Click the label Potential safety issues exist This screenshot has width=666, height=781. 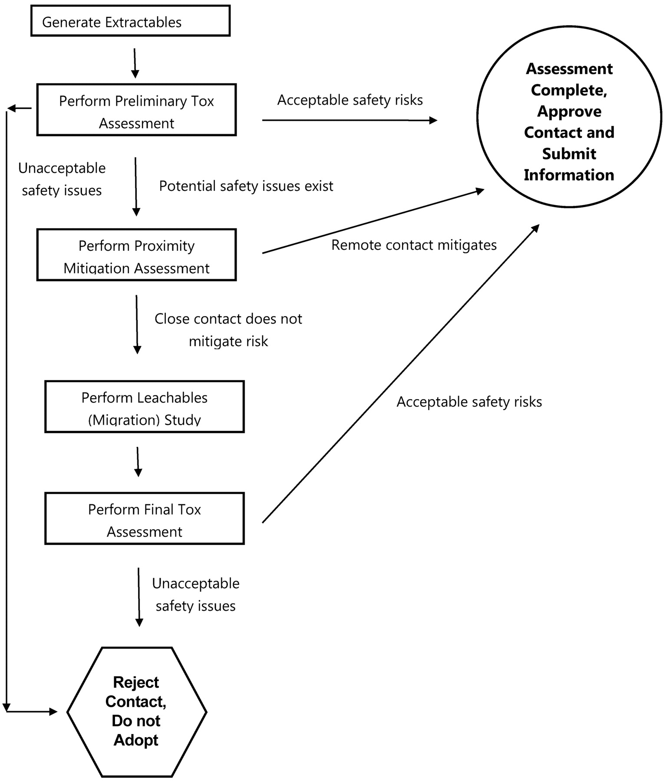pos(246,186)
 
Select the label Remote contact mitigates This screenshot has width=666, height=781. pos(414,245)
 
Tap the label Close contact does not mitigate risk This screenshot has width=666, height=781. pos(228,330)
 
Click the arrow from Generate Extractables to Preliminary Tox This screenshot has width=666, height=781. pos(135,63)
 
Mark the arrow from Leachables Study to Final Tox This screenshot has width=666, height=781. pos(138,462)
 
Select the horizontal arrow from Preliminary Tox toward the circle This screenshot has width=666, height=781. pos(350,120)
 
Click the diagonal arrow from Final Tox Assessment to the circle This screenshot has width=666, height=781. pos(401,374)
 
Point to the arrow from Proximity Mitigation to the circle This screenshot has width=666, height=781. pos(373,221)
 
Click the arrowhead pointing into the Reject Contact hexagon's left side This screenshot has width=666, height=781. pos(53,712)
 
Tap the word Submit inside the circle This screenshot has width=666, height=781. pos(569,154)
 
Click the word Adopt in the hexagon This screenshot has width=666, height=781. pos(136,740)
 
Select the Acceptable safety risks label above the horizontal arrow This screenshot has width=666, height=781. pos(350,100)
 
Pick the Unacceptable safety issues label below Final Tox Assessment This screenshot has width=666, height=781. pos(196,595)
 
